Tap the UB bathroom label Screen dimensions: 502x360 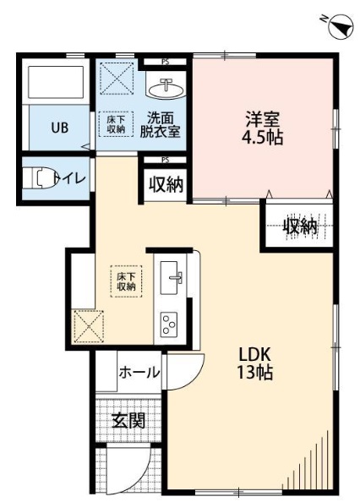(x=58, y=128)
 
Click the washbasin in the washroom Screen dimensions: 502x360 (x=166, y=87)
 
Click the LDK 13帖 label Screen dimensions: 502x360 (x=254, y=363)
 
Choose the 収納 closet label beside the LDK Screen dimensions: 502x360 (x=300, y=226)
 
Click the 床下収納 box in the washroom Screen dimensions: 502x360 (x=117, y=124)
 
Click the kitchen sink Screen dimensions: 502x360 (x=171, y=276)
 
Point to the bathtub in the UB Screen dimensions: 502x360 (x=55, y=84)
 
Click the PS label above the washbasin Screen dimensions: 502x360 (x=165, y=61)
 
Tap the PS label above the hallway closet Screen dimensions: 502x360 (x=166, y=160)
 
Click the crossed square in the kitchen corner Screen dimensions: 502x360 (x=88, y=325)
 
